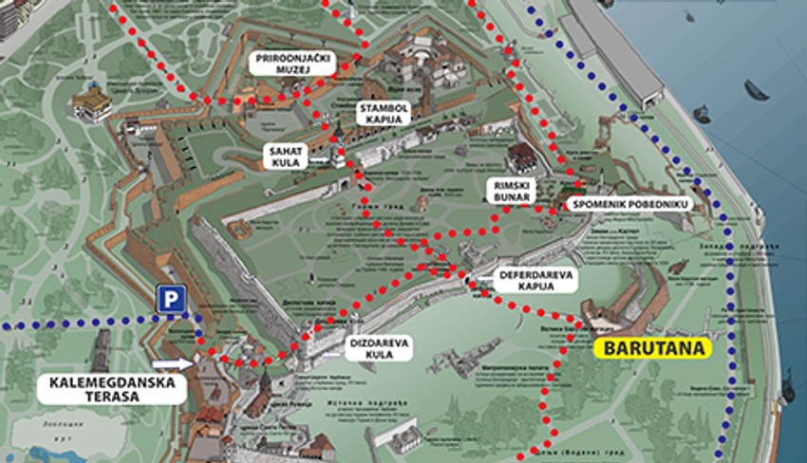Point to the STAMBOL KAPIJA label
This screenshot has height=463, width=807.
[383, 115]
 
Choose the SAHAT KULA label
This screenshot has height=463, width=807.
[285, 157]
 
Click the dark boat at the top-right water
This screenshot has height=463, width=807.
[757, 89]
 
